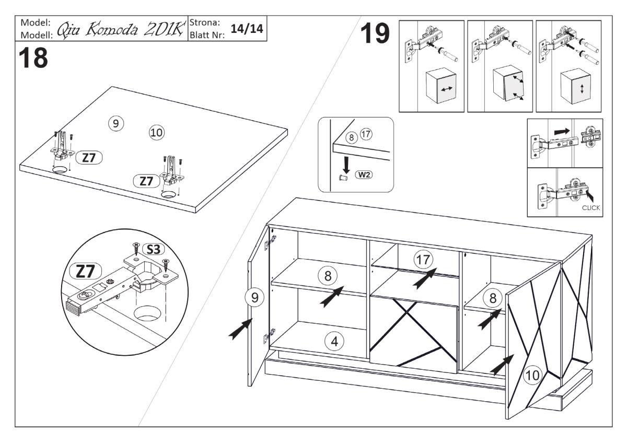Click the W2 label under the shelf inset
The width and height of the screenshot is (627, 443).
pyautogui.click(x=364, y=174)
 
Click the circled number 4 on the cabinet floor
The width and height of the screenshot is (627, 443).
pyautogui.click(x=333, y=342)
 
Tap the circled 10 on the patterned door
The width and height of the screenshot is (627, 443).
pyautogui.click(x=532, y=374)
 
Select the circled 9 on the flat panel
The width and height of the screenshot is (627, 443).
pyautogui.click(x=115, y=124)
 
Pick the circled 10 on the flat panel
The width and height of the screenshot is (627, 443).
pyautogui.click(x=156, y=133)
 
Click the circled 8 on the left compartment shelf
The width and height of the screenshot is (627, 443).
pyautogui.click(x=328, y=275)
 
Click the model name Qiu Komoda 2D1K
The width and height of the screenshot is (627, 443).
pyautogui.click(x=120, y=30)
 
